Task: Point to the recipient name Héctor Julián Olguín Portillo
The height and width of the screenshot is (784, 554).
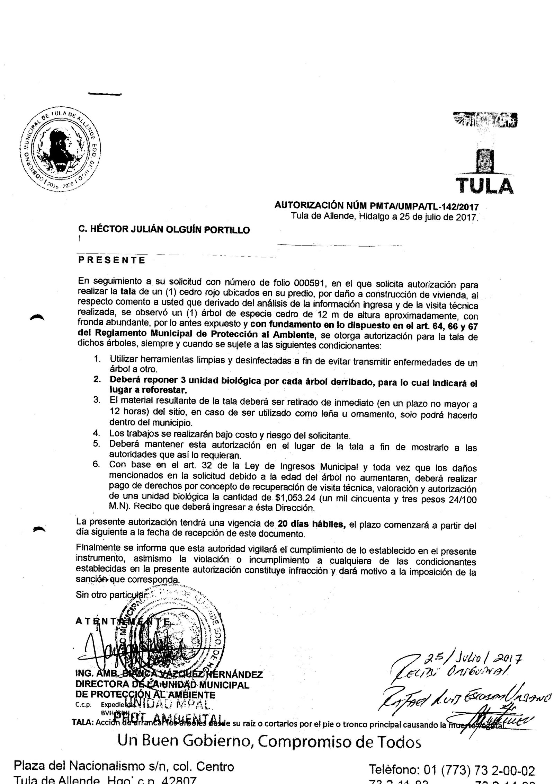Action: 164,230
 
